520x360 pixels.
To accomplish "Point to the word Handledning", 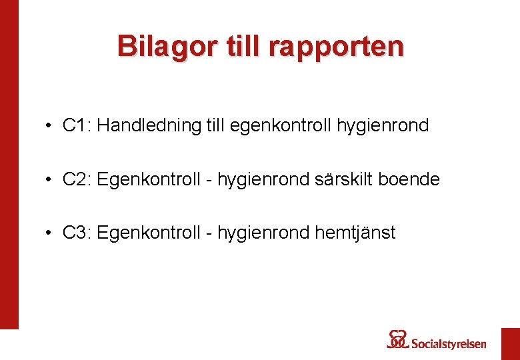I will (148, 125).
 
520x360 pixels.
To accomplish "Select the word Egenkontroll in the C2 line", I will (148, 179).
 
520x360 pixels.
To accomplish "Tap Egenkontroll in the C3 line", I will (148, 233).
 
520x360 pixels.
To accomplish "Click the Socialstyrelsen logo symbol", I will (398, 339).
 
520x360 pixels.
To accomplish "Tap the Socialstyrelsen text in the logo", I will (449, 344).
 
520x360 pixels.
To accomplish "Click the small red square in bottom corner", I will (510, 343).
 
